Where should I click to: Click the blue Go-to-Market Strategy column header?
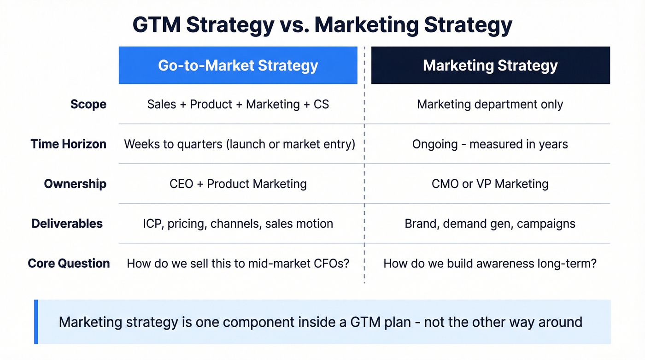tap(238, 65)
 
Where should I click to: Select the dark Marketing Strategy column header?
tap(490, 65)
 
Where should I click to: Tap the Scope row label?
tap(88, 104)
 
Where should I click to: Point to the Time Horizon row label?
tap(68, 144)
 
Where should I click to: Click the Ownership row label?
tap(75, 184)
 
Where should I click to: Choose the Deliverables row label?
tap(67, 224)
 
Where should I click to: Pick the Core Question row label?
tap(69, 263)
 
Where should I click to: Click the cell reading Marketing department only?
tap(490, 104)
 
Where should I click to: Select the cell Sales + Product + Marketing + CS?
tap(238, 104)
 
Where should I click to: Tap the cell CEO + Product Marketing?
tap(238, 184)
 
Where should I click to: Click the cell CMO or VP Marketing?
tap(490, 184)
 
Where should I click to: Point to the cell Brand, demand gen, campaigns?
tap(490, 224)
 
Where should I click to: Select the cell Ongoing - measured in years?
tap(490, 144)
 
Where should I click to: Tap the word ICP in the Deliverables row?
tap(152, 224)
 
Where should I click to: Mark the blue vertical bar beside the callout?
tap(36, 322)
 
